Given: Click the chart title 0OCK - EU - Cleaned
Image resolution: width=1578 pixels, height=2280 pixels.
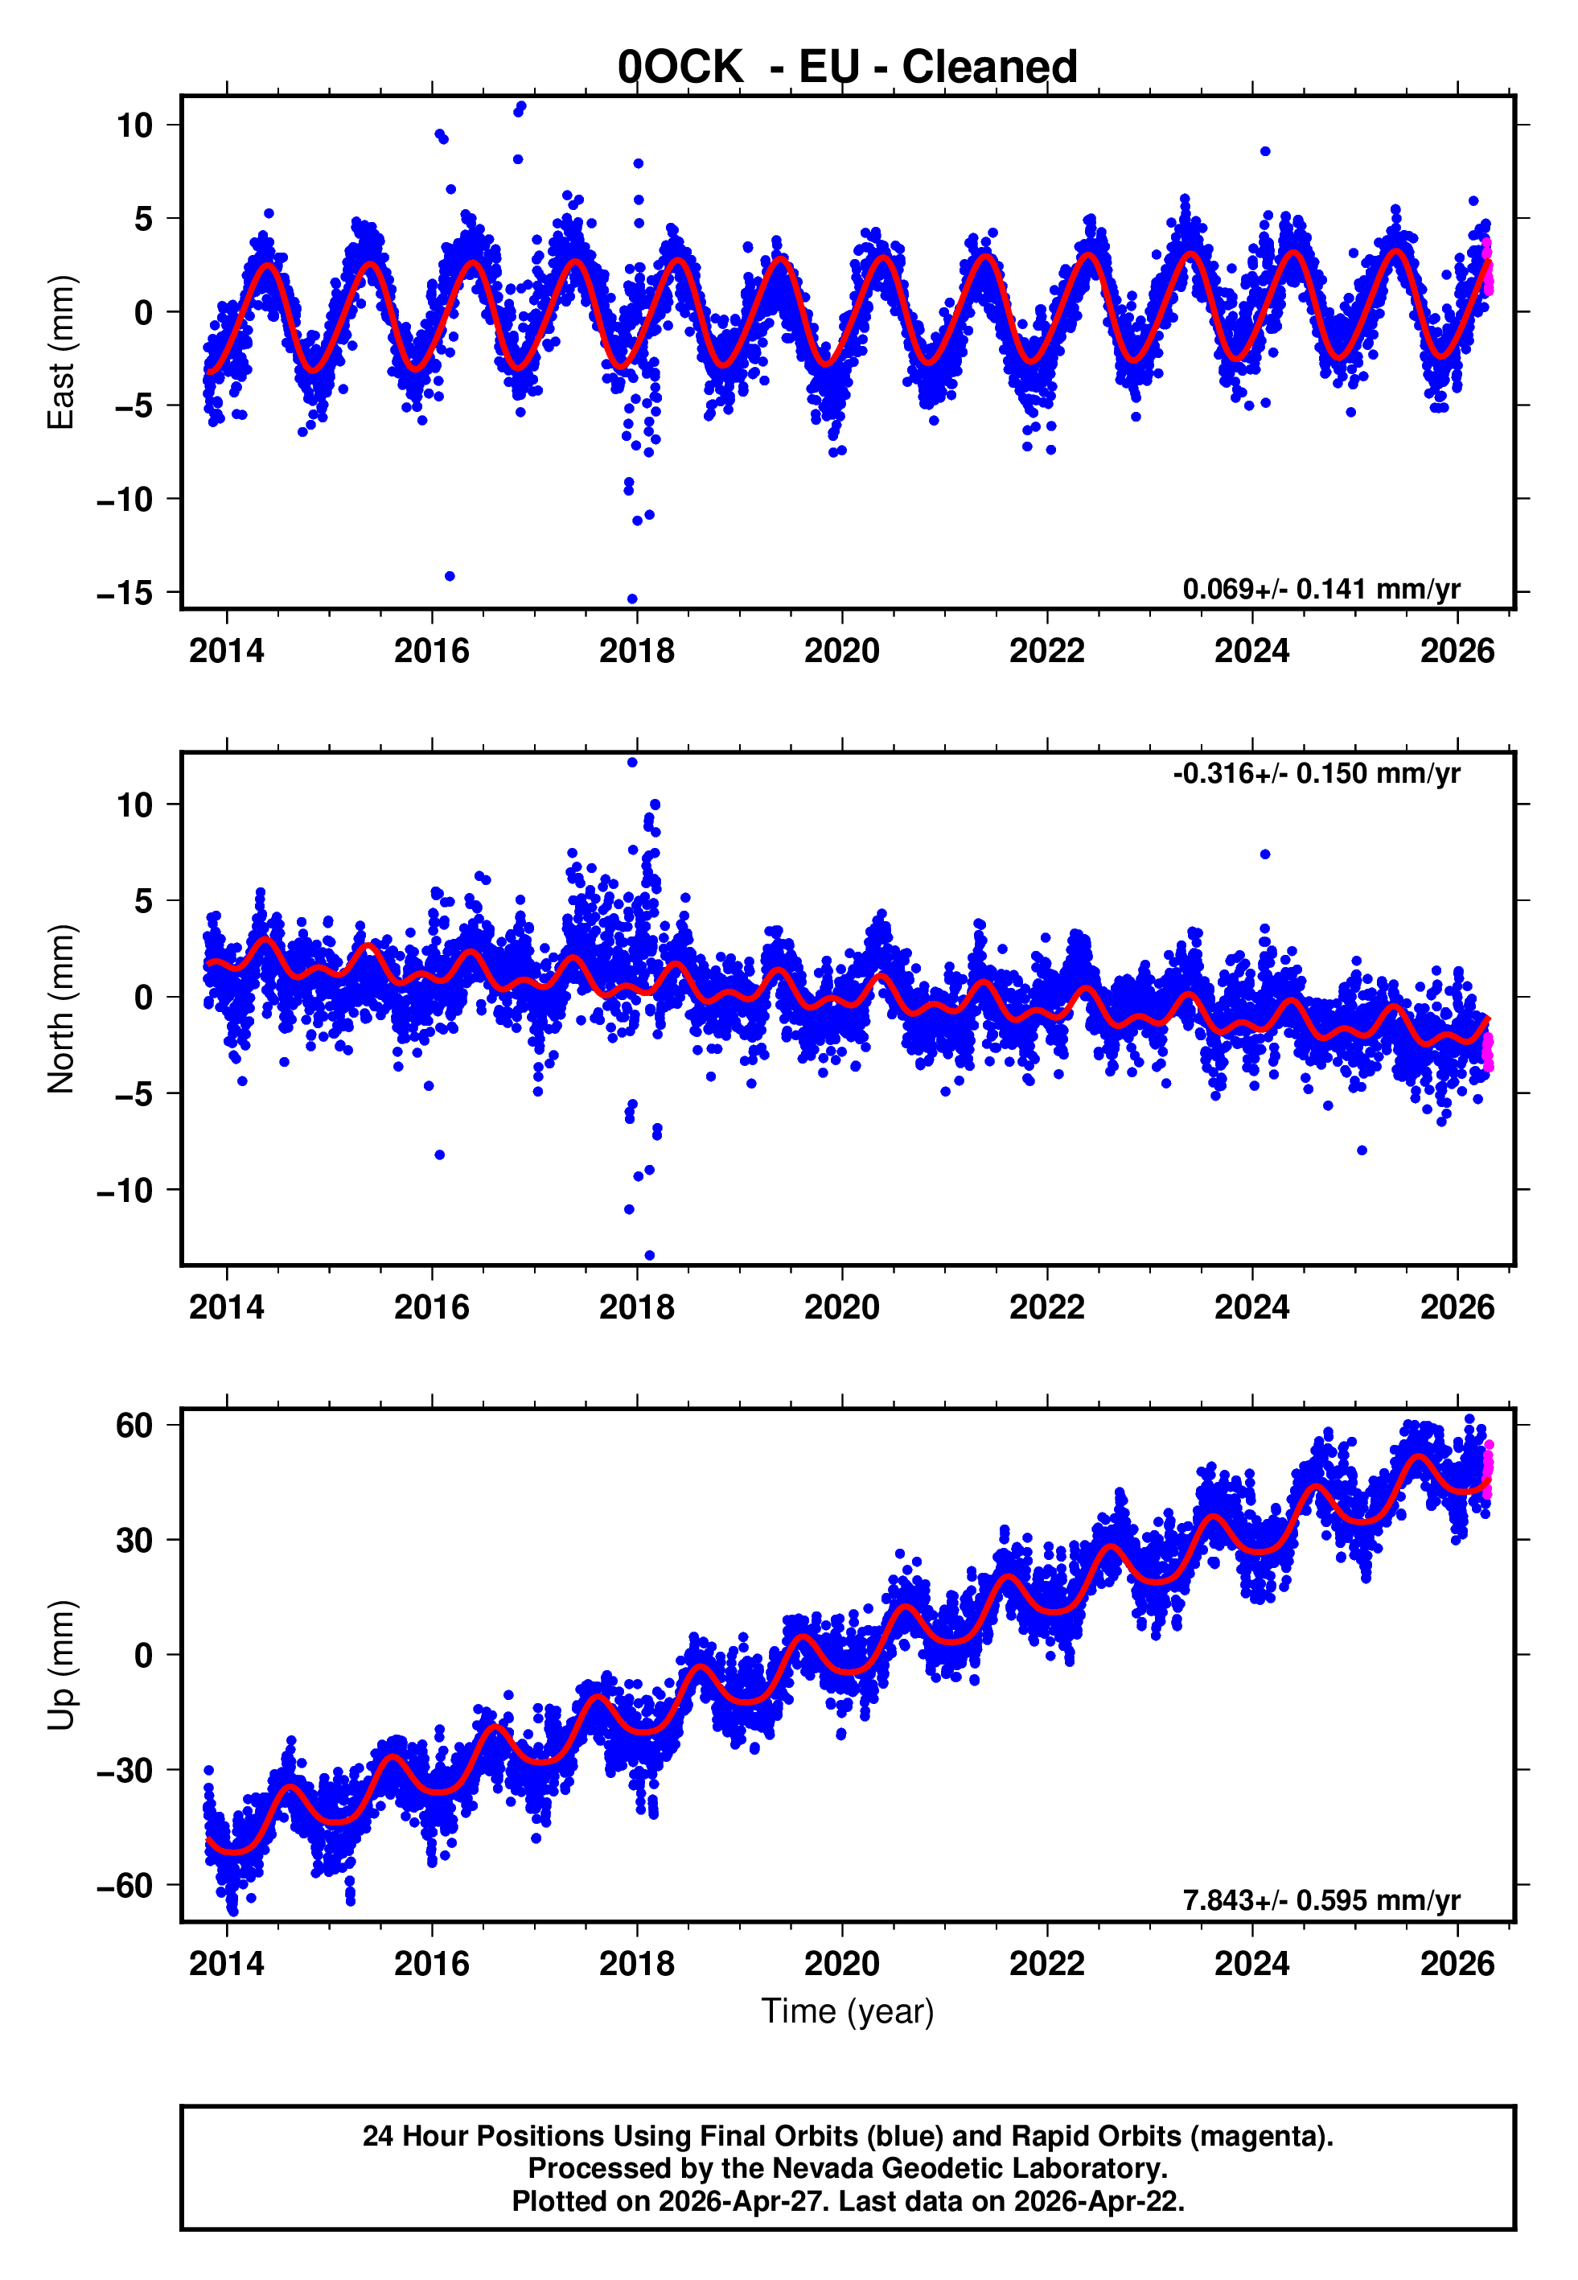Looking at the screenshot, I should pos(848,68).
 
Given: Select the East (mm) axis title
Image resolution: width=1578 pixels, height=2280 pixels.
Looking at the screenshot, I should pos(61,352).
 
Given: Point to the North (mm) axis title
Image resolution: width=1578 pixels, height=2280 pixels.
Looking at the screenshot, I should pos(61,1009).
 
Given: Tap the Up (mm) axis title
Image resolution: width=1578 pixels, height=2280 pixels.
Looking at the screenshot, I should pos(61,1665).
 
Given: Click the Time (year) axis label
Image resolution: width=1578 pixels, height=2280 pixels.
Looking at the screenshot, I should pos(848,2011).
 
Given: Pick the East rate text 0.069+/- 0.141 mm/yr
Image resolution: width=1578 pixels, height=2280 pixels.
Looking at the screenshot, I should pos(1321,589).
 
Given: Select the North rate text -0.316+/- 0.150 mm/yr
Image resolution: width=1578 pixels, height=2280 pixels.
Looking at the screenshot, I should pos(1316,773).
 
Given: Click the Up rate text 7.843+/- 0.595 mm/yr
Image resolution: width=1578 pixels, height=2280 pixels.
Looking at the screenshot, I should pos(1321,1900).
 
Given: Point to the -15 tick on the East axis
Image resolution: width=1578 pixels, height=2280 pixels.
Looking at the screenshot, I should pos(125,593).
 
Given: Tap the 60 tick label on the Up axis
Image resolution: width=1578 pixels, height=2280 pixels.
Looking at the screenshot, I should pos(134,1426).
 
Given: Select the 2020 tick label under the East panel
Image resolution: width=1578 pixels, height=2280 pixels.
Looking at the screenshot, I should pos(841,651).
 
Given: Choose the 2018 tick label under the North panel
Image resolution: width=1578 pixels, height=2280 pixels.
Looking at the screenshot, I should pos(637,1307).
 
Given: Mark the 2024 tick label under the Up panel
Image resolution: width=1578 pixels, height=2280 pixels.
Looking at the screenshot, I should pos(1251,1964).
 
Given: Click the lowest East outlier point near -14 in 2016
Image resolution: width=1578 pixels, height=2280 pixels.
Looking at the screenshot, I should pos(450,576).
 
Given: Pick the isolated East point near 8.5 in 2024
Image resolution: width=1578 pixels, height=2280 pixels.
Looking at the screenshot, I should pos(1266,151).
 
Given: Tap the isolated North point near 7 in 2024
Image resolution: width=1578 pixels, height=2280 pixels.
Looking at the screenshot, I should pos(1266,854).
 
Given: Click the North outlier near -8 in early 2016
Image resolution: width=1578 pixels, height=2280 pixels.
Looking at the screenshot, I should pos(440,1154).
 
